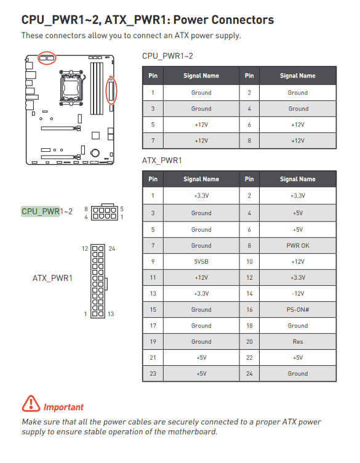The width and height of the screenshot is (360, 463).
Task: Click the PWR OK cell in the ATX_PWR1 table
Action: [x=298, y=246]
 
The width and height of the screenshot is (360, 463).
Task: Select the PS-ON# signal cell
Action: [x=298, y=309]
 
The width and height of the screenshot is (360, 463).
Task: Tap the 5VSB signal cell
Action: [x=201, y=261]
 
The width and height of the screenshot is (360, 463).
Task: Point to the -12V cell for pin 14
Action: [x=298, y=293]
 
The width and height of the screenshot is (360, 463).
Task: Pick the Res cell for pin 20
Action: [x=298, y=342]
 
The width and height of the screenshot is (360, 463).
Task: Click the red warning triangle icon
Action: [x=31, y=403]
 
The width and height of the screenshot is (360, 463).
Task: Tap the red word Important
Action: [x=63, y=407]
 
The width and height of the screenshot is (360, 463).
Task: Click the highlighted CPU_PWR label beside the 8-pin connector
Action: [x=41, y=212]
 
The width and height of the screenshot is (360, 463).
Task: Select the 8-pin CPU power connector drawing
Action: [x=104, y=212]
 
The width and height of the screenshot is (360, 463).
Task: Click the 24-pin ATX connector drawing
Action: [x=98, y=281]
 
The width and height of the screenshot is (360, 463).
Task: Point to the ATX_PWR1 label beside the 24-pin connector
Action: [x=52, y=278]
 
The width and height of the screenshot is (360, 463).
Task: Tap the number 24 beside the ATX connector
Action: [x=112, y=248]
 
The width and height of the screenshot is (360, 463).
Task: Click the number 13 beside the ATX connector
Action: [x=111, y=314]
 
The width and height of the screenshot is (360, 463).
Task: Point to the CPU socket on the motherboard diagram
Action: [x=71, y=88]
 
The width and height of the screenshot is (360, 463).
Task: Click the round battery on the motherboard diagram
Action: [x=95, y=153]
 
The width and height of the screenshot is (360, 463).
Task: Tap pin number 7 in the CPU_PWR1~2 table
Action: [x=153, y=141]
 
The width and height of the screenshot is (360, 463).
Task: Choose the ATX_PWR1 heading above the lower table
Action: [x=162, y=160]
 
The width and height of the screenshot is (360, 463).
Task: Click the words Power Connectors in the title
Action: [x=223, y=20]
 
